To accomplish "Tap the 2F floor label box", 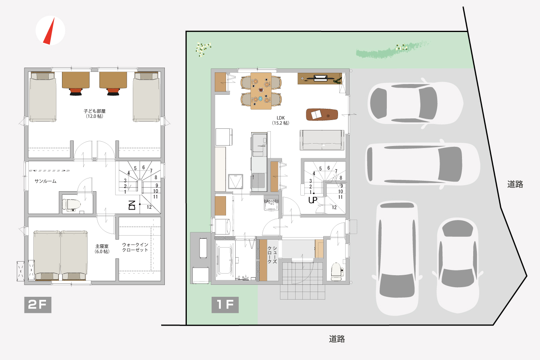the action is (x=38, y=305).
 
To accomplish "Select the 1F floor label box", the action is (x=225, y=305).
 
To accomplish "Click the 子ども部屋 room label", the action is (x=94, y=111).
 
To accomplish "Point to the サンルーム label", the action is (x=46, y=181).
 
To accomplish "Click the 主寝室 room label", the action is (x=102, y=246).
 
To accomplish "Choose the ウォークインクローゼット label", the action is (x=135, y=247).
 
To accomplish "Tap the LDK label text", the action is (x=281, y=118).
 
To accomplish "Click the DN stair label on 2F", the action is (x=132, y=205).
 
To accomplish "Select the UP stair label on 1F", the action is (x=313, y=200).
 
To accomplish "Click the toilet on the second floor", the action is (x=71, y=205).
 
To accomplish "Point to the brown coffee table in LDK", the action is (x=322, y=114).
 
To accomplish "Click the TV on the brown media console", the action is (x=320, y=78).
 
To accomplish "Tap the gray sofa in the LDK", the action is (x=322, y=140).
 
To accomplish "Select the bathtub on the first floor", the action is (x=225, y=260).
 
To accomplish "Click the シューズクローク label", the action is (x=272, y=255).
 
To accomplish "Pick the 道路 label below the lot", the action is (x=337, y=339).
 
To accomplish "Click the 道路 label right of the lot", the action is (x=515, y=184).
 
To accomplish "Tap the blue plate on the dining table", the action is (x=260, y=99).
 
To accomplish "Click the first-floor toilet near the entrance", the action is (x=336, y=272).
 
